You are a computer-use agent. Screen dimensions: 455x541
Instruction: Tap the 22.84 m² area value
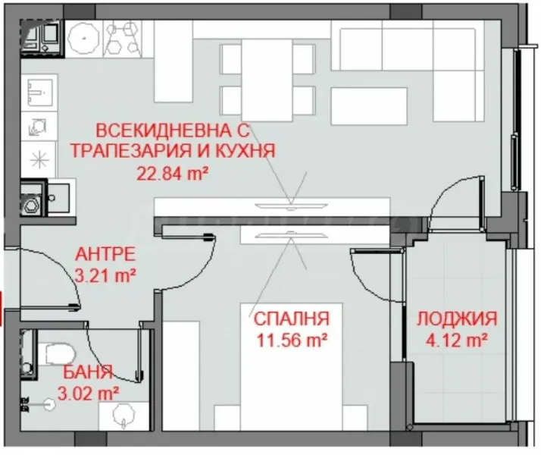(172, 172)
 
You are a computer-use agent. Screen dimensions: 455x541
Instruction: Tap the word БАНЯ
(88, 372)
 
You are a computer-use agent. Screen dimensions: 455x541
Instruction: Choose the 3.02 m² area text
(89, 393)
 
